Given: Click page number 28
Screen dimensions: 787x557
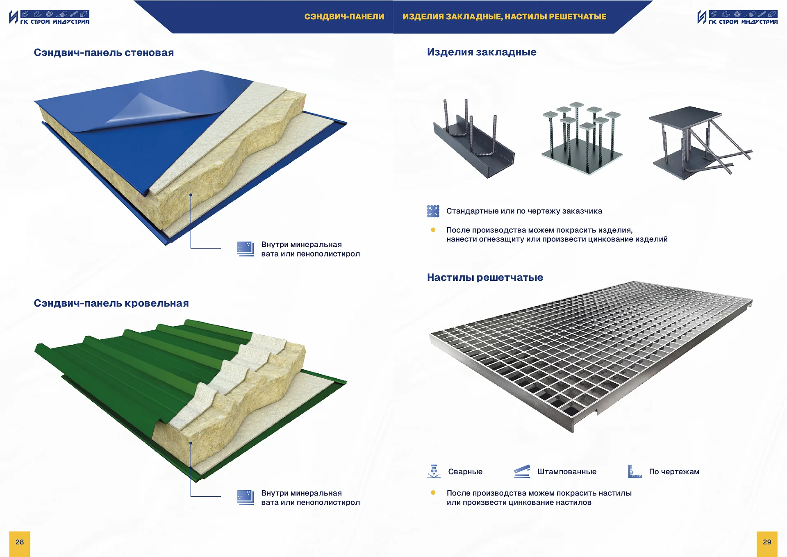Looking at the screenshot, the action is [x=20, y=542].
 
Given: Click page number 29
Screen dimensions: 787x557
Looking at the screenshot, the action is [x=767, y=542].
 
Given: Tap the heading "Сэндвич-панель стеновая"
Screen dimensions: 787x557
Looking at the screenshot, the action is [x=104, y=52].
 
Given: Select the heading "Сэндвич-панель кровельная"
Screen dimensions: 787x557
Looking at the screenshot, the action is [x=111, y=303].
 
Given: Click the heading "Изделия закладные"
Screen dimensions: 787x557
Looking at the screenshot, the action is [x=482, y=52].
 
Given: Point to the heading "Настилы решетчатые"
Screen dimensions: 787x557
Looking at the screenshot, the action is [x=485, y=277].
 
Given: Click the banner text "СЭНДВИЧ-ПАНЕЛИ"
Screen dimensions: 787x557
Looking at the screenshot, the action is [x=344, y=17].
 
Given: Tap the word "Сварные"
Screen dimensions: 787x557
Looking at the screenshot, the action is [x=465, y=472].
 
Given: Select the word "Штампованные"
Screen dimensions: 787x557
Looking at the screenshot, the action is [x=567, y=472].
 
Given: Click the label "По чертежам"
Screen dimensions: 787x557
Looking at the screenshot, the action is [x=674, y=472].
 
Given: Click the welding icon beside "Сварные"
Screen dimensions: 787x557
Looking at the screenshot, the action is [x=434, y=471].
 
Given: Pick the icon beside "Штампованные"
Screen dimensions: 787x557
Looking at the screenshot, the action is [x=522, y=471].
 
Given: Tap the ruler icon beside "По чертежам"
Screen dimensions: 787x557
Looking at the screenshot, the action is [x=635, y=471].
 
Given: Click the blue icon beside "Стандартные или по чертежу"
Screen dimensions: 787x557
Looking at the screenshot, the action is [x=433, y=211].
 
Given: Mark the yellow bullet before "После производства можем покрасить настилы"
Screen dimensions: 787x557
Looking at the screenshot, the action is [x=433, y=493].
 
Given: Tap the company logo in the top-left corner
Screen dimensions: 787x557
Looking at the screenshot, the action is [x=49, y=17].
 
